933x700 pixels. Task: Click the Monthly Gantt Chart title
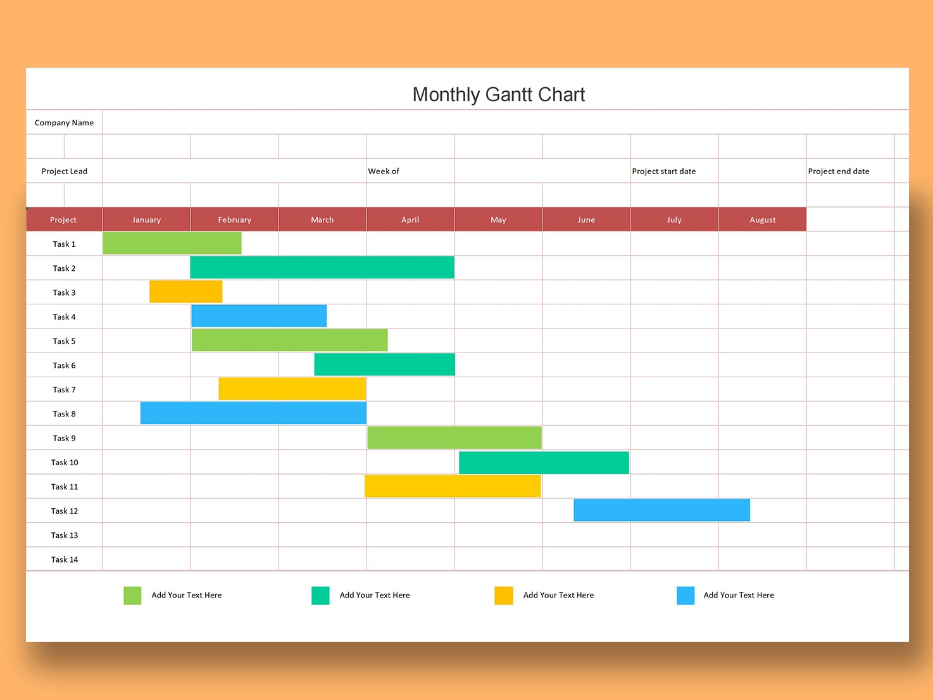pyautogui.click(x=499, y=94)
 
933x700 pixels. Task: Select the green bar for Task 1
pyautogui.click(x=172, y=243)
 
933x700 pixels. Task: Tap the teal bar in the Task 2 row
pyautogui.click(x=322, y=267)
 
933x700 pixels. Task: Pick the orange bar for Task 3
pyautogui.click(x=186, y=292)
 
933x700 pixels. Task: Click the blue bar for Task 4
pyautogui.click(x=259, y=316)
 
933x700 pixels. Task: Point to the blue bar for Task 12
pyautogui.click(x=661, y=510)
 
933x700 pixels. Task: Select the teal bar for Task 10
pyautogui.click(x=544, y=463)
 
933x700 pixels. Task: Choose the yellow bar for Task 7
pyautogui.click(x=292, y=389)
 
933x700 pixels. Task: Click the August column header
pyautogui.click(x=762, y=220)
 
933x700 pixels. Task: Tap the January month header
pyautogui.click(x=146, y=220)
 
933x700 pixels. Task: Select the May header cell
pyautogui.click(x=498, y=220)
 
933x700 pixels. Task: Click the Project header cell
pyautogui.click(x=63, y=220)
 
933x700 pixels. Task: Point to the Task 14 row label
pyautogui.click(x=65, y=559)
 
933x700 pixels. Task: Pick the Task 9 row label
pyautogui.click(x=65, y=438)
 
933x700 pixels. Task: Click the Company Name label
pyautogui.click(x=64, y=123)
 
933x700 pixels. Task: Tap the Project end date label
pyautogui.click(x=839, y=171)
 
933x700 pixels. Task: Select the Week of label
pyautogui.click(x=384, y=171)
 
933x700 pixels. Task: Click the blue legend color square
pyautogui.click(x=686, y=596)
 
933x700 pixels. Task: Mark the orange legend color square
pyautogui.click(x=504, y=596)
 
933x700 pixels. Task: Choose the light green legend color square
pyautogui.click(x=132, y=596)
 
